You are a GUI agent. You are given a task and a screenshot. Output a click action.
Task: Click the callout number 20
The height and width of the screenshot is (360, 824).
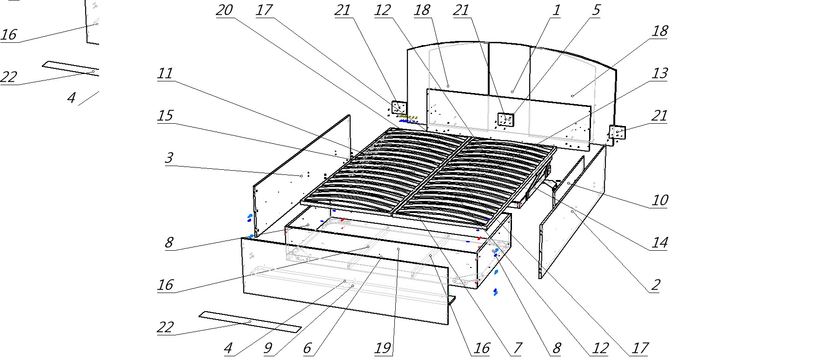[x=225, y=10]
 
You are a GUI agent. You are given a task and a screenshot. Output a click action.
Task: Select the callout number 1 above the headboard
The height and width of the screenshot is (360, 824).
[x=556, y=10]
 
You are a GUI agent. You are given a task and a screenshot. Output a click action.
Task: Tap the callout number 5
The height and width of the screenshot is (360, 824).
[x=596, y=10]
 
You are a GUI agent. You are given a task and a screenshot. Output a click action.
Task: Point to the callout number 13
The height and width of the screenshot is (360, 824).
[x=660, y=73]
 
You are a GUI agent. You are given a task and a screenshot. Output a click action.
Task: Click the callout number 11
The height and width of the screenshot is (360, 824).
[x=165, y=73]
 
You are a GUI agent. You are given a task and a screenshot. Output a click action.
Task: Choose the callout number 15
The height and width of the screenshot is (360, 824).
[x=165, y=115]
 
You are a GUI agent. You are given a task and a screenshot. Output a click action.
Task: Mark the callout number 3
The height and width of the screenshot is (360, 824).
[x=169, y=158]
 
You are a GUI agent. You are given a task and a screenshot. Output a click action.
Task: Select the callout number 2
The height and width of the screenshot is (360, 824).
[x=655, y=285]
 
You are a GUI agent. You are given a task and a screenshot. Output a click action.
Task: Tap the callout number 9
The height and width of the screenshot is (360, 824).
[x=268, y=348]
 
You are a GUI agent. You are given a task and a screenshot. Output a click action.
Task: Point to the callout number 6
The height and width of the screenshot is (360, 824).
[x=307, y=348]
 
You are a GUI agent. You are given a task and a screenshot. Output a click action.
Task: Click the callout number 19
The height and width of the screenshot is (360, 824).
[x=383, y=348]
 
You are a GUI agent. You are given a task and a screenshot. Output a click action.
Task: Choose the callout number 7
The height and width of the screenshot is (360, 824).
[x=517, y=348]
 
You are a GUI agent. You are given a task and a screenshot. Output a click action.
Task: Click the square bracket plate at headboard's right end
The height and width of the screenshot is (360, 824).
[x=618, y=133]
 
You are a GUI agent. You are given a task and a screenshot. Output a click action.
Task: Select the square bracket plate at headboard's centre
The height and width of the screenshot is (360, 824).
[x=505, y=120]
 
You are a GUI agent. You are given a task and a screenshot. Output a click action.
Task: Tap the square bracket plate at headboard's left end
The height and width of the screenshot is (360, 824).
[x=399, y=108]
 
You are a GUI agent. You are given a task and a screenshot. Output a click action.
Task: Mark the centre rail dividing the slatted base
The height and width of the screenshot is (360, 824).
[x=428, y=177]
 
